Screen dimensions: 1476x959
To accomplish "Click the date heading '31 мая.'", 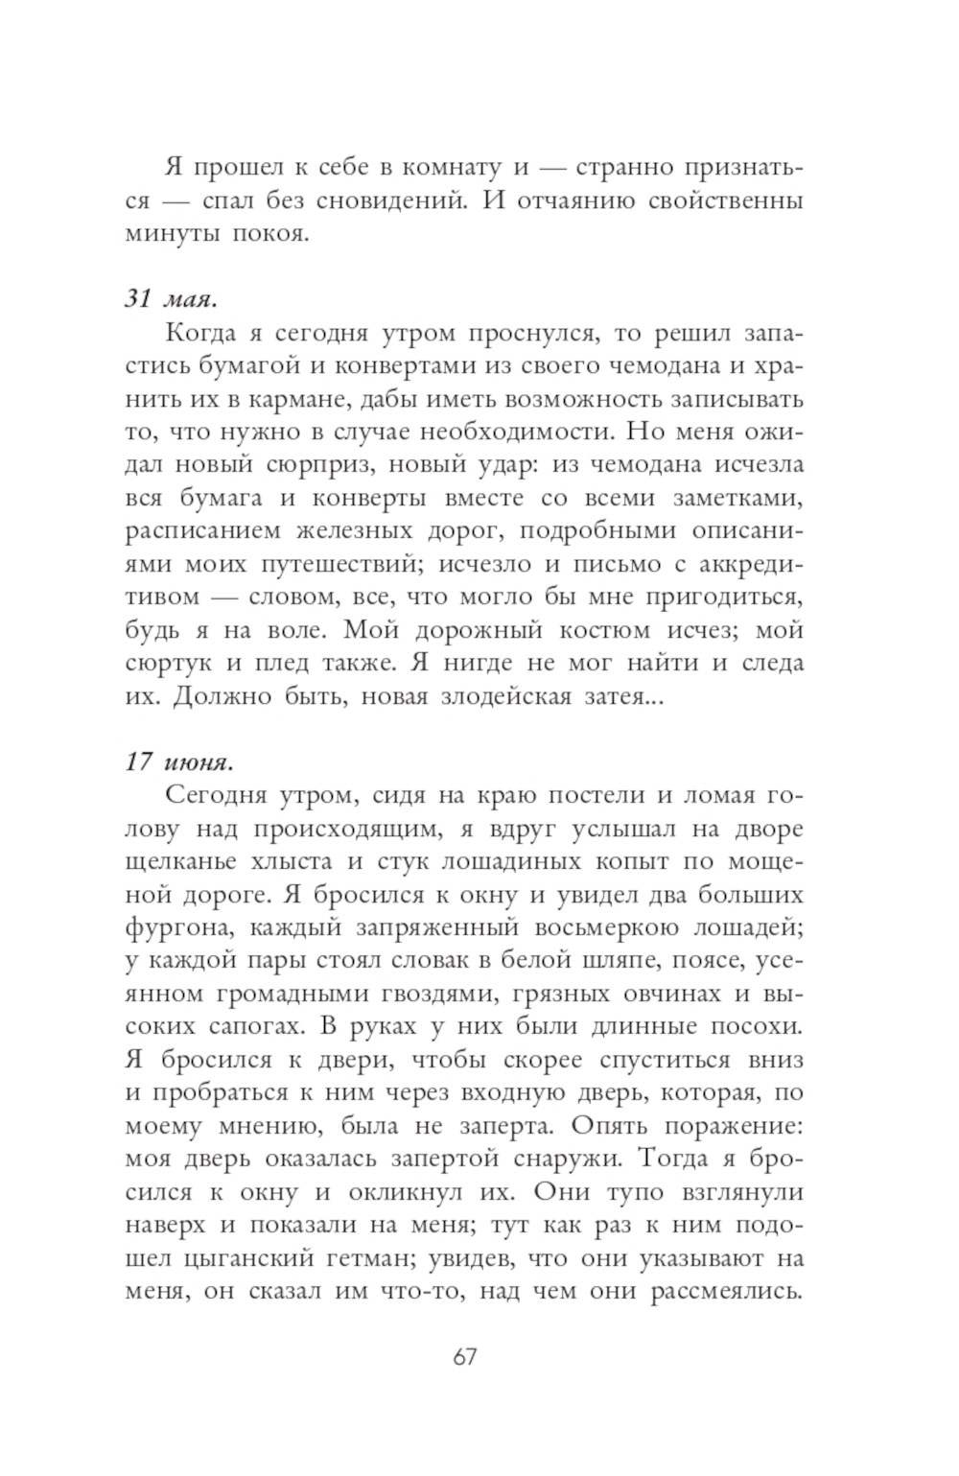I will [x=171, y=299].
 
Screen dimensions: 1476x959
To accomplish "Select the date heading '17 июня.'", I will [x=178, y=761].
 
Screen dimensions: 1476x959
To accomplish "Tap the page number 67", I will [x=464, y=1358].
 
